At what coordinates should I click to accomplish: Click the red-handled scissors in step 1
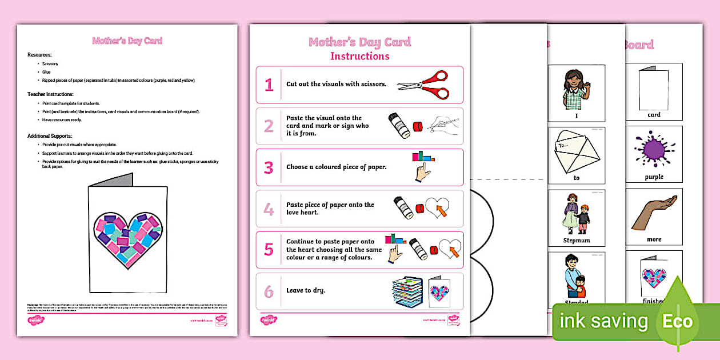click(x=423, y=85)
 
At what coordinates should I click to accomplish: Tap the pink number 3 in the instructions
click(x=269, y=167)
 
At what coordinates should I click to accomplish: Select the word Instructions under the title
click(x=359, y=56)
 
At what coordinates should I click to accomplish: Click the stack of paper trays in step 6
click(x=407, y=291)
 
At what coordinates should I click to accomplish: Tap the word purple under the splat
click(x=654, y=177)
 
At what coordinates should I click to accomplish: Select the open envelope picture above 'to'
click(x=577, y=150)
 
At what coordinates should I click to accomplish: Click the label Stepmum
click(x=577, y=240)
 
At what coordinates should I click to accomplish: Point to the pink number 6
click(x=269, y=291)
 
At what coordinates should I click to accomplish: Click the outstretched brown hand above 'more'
click(x=655, y=211)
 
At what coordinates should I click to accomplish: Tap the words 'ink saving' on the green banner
click(x=603, y=322)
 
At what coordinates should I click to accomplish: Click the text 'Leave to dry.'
click(x=306, y=290)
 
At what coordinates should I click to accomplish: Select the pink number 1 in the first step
click(x=269, y=85)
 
